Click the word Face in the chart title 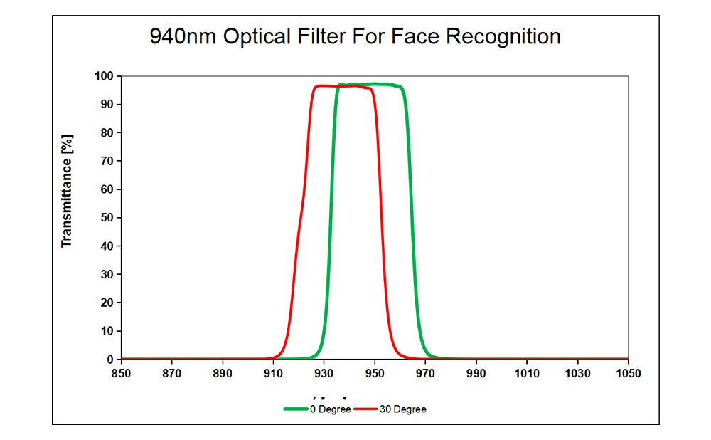415,36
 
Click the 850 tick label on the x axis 122,374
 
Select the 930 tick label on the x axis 324,374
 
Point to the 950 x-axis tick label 375,374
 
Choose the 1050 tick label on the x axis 628,374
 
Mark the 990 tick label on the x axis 476,374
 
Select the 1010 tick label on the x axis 526,374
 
